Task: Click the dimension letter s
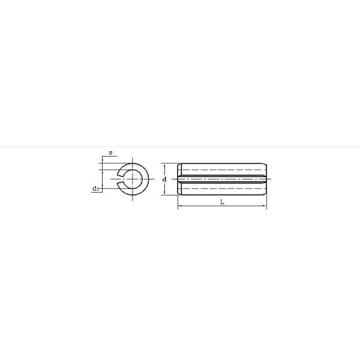[110, 152]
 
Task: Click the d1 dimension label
[95, 189]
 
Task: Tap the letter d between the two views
[164, 179]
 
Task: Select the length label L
[222, 202]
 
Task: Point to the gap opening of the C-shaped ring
[121, 179]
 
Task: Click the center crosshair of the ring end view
[133, 179]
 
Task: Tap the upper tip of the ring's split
[118, 175]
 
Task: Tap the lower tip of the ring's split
[118, 182]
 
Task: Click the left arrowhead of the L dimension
[179, 206]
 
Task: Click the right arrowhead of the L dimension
[265, 206]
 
